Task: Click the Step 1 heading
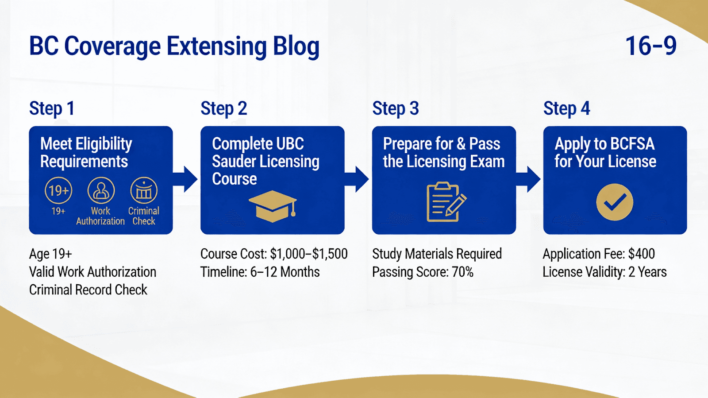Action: click(x=51, y=108)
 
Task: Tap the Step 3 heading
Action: click(x=395, y=108)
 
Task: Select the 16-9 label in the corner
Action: click(x=650, y=46)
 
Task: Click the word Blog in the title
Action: click(x=296, y=46)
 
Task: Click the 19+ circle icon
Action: click(x=58, y=191)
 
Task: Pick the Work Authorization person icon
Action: click(x=101, y=191)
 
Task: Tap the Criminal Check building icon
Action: click(x=144, y=191)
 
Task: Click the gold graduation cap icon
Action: click(x=272, y=206)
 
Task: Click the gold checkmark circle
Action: click(x=615, y=202)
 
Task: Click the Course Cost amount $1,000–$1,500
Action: click(x=309, y=254)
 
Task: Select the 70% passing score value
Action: click(x=462, y=272)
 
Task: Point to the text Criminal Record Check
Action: click(x=88, y=290)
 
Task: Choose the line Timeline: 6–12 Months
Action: click(x=260, y=272)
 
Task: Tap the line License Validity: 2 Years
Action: click(x=604, y=272)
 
